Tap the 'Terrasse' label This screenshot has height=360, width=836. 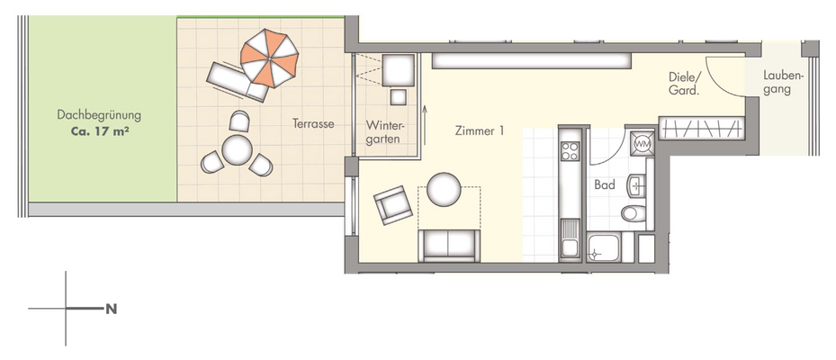313,123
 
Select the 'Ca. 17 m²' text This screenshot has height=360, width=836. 99,130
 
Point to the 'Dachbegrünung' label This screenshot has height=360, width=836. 99,115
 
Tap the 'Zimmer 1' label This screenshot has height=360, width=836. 478,131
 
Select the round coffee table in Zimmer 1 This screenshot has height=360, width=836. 444,189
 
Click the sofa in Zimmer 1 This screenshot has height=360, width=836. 449,244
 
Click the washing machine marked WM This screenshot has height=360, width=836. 642,142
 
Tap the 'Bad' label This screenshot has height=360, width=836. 604,184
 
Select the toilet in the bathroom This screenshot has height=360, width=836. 634,213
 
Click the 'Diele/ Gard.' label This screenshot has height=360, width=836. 685,84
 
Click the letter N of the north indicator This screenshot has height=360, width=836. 112,309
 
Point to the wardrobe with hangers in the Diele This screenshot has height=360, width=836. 702,129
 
